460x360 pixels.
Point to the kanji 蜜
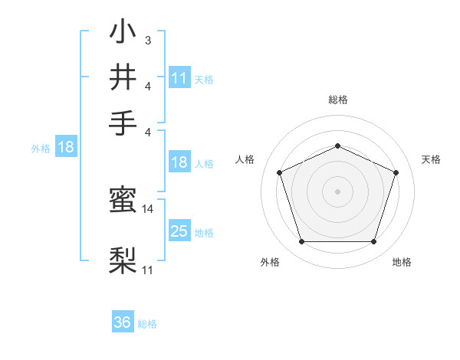pos(123,201)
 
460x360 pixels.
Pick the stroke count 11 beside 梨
pos(148,270)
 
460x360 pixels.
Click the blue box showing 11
pos(179,78)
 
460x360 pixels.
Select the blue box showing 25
pos(179,231)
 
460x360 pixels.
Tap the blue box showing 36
pos(123,322)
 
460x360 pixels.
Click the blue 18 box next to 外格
pos(66,148)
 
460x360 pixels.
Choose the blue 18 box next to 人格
pos(179,162)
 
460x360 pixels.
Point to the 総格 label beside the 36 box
pos(147,324)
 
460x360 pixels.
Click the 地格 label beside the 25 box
pos(204,233)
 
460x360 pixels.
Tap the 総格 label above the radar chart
pos(338,100)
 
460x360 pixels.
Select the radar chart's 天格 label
pos(432,159)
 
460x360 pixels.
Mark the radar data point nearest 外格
pos(301,242)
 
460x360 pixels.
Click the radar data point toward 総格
pos(338,145)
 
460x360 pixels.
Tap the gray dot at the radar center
pos(338,191)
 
